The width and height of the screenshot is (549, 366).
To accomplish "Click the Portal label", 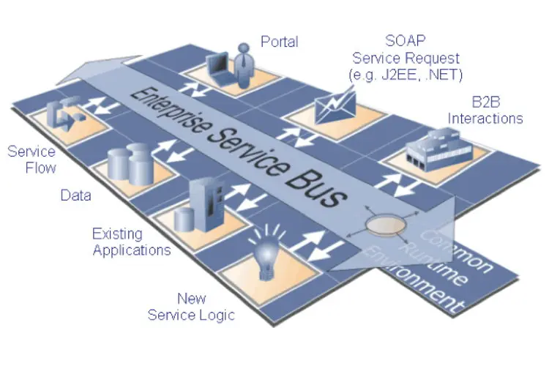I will click(279, 41).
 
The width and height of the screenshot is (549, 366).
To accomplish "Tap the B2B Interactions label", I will click(485, 110).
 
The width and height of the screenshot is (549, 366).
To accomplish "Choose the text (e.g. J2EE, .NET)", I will click(406, 74).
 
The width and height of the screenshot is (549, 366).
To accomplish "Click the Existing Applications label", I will click(132, 242).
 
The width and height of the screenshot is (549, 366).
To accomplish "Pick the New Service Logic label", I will click(191, 307).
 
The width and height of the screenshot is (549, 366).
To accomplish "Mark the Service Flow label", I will click(31, 160).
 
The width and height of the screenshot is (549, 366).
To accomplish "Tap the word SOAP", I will click(406, 40).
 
